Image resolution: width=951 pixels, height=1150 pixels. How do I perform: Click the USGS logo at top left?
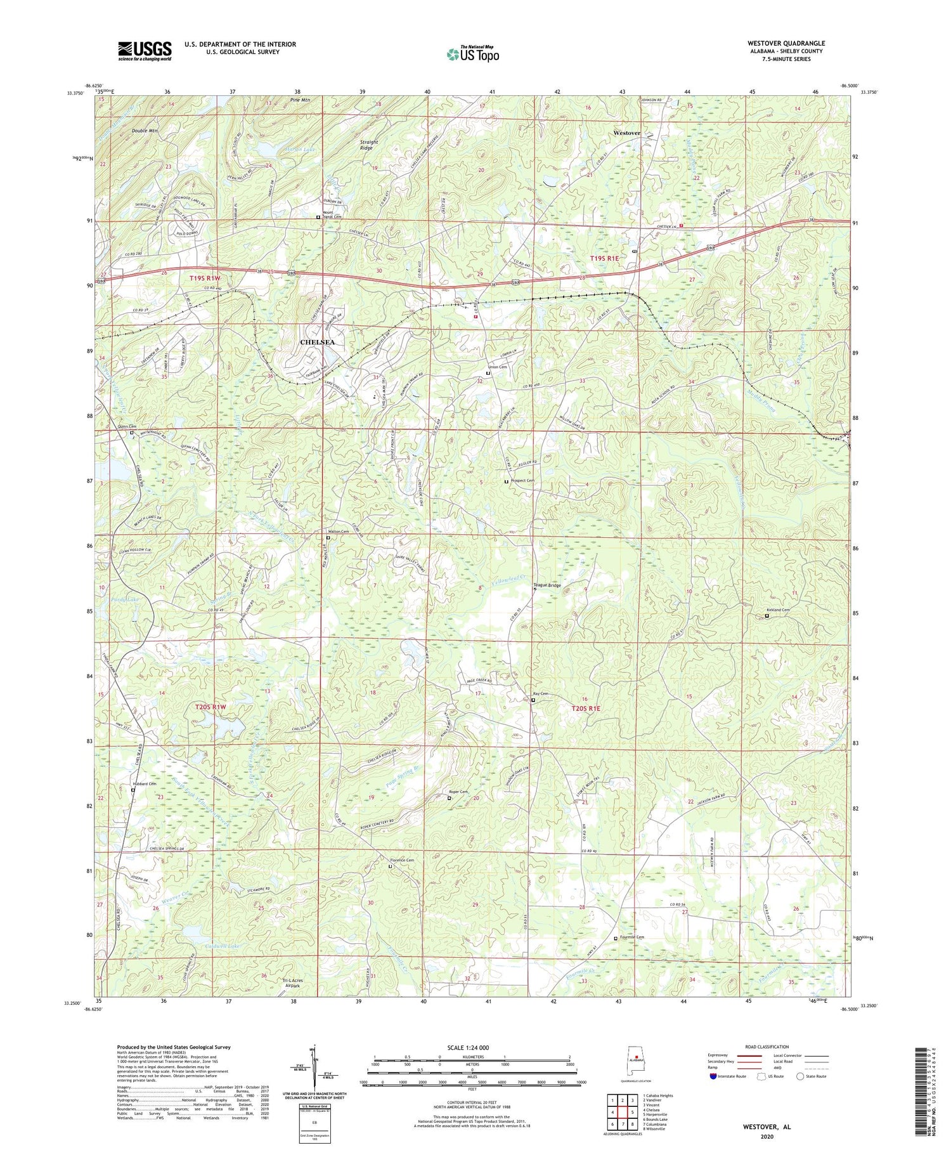145,50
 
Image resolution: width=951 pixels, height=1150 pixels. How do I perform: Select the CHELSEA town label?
316,342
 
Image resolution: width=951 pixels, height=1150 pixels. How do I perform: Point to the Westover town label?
627,133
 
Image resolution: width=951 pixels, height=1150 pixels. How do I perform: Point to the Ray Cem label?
540,694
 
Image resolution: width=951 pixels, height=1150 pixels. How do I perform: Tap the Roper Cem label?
458,792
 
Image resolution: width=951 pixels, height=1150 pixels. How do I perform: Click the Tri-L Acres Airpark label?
292,984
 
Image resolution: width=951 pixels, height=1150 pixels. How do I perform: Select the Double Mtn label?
145,131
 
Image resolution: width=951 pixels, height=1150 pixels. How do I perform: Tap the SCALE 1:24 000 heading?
472,1047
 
